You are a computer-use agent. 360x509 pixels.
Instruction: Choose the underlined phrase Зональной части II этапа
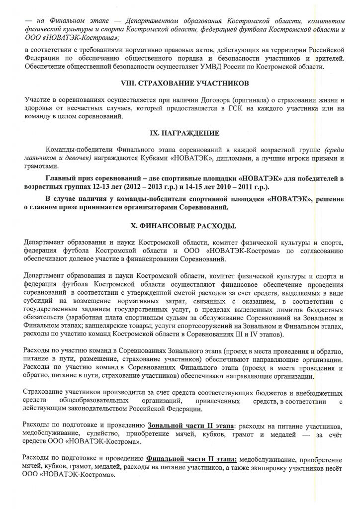[190, 426]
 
